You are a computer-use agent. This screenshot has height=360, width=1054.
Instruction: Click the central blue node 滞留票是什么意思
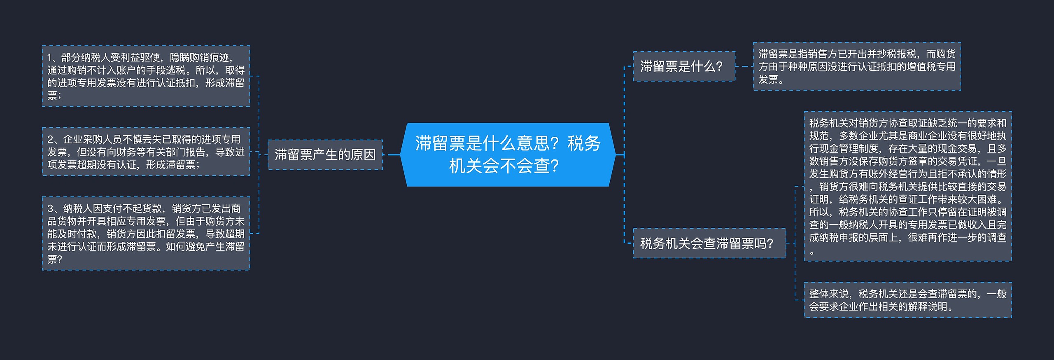(508, 154)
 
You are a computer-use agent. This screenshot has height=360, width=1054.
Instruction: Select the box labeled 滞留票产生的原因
(325, 155)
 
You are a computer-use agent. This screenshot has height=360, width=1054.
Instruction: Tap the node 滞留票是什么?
(684, 66)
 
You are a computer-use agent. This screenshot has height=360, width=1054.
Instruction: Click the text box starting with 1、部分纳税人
(146, 76)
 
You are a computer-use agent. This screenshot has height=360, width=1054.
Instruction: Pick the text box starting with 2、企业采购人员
(146, 152)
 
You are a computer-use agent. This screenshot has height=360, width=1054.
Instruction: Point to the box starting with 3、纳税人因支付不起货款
(146, 234)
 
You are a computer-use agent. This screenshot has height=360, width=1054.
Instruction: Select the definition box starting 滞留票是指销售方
(857, 66)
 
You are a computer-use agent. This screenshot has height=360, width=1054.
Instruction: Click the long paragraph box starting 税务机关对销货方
(907, 186)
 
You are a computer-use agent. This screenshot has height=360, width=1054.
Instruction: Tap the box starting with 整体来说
(907, 300)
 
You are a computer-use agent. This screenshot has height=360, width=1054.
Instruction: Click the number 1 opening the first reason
(50, 58)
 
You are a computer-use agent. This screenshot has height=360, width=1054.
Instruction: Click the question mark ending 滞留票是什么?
(719, 66)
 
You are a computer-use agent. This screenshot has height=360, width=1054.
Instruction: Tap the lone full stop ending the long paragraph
(811, 252)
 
